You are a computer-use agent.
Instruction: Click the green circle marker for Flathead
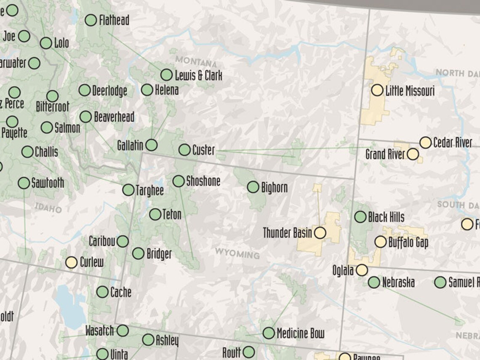click(x=91, y=20)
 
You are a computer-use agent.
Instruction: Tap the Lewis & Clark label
click(x=198, y=76)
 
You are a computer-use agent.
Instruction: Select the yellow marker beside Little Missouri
click(x=377, y=90)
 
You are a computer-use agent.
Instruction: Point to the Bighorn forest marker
click(x=253, y=187)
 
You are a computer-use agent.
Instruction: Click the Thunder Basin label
click(x=288, y=232)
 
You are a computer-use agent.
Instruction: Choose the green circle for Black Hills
click(x=360, y=217)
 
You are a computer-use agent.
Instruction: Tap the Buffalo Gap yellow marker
click(x=381, y=242)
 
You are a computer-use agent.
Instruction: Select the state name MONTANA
click(x=196, y=61)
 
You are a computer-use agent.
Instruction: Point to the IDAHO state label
click(x=49, y=208)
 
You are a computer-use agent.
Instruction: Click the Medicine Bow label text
click(x=300, y=333)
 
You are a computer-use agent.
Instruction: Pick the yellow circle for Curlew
click(x=71, y=262)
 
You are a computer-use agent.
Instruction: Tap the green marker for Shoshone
click(x=179, y=181)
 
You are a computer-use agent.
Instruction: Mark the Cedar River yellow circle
click(x=426, y=142)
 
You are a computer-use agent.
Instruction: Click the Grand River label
click(x=385, y=154)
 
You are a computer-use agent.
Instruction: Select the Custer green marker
click(x=184, y=149)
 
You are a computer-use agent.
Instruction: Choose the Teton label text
click(x=171, y=214)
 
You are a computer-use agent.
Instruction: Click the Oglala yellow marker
click(x=362, y=270)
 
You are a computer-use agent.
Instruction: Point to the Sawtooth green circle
click(x=24, y=183)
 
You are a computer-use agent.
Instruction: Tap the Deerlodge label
click(x=109, y=91)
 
